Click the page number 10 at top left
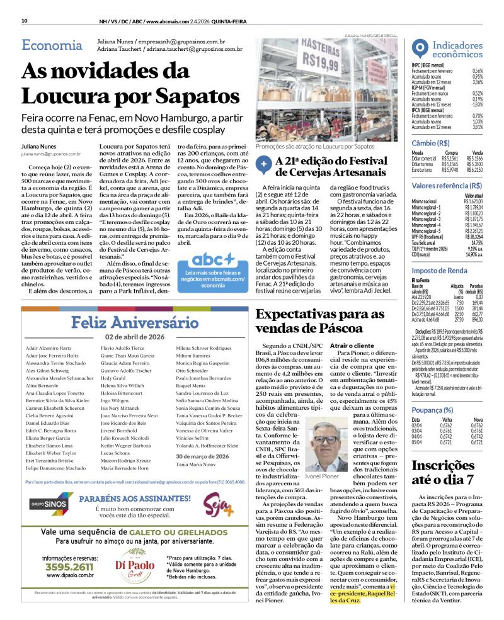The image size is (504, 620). coord(24,21)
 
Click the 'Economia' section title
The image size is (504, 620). coord(52,45)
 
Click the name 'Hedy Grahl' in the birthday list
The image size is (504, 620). coord(113,396)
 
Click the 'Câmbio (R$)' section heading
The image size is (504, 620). coord(430,144)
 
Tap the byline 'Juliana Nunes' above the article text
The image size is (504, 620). coord(39,146)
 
